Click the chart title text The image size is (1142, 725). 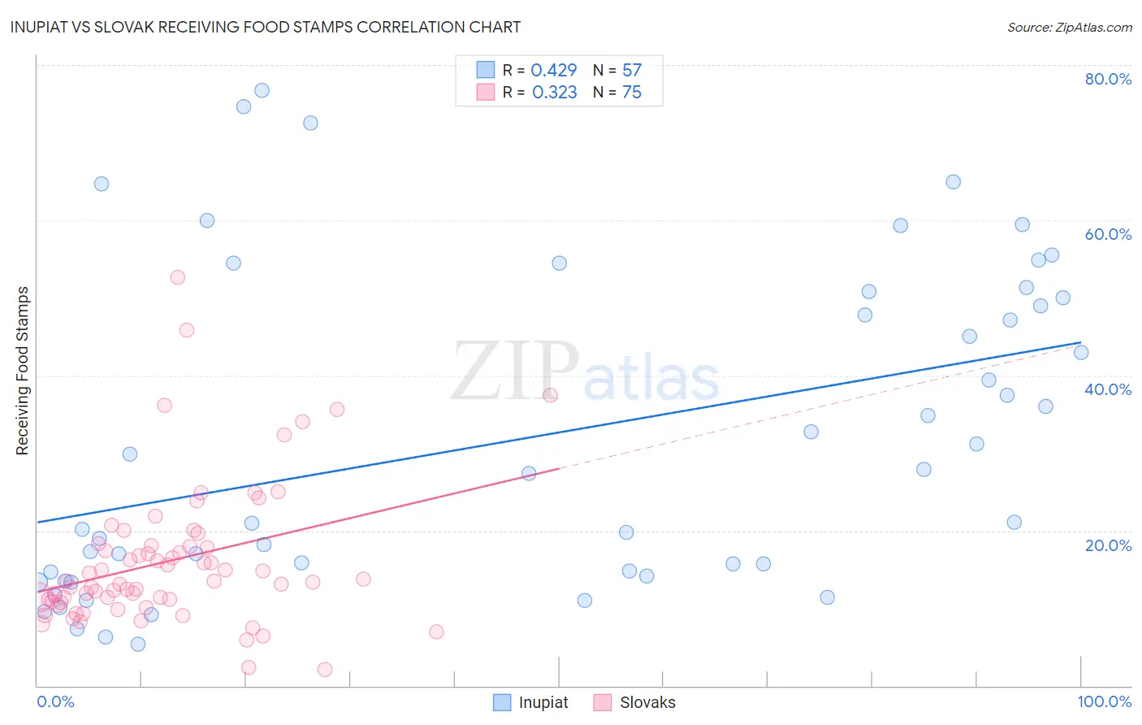pyautogui.click(x=266, y=27)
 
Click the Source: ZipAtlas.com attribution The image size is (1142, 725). pyautogui.click(x=1069, y=27)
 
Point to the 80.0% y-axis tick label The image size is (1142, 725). pyautogui.click(x=1108, y=79)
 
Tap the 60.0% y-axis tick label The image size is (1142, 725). pyautogui.click(x=1108, y=234)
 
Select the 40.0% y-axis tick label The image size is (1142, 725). pyautogui.click(x=1108, y=389)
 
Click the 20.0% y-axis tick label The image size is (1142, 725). pyautogui.click(x=1108, y=545)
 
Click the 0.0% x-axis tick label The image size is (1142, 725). pyautogui.click(x=55, y=701)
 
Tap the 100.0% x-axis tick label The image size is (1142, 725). pyautogui.click(x=1104, y=701)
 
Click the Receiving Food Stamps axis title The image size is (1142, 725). pyautogui.click(x=23, y=371)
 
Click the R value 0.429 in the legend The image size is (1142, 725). pyautogui.click(x=554, y=71)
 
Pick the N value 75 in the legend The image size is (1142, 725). pyautogui.click(x=632, y=93)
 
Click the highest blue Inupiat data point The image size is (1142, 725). pyautogui.click(x=262, y=90)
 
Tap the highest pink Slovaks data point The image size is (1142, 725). pyautogui.click(x=178, y=277)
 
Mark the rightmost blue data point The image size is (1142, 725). pyautogui.click(x=1081, y=353)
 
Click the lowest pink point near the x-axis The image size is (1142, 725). pyautogui.click(x=325, y=670)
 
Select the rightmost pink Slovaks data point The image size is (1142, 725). pyautogui.click(x=550, y=395)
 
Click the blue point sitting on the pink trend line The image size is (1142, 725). pyautogui.click(x=529, y=473)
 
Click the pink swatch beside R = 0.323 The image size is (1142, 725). pyautogui.click(x=486, y=93)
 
